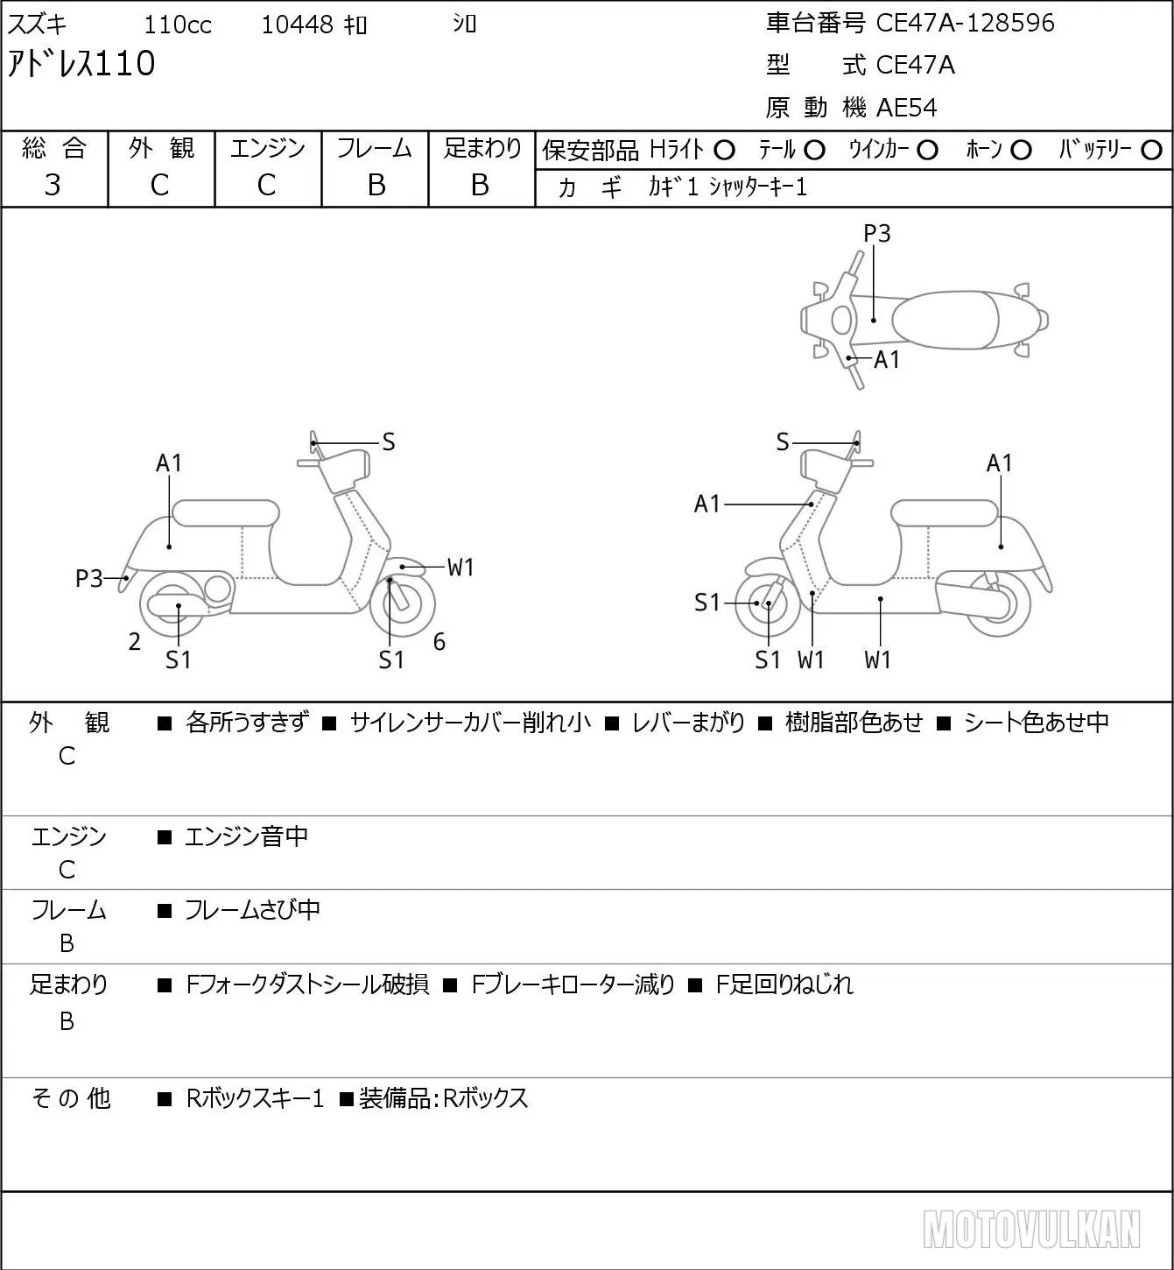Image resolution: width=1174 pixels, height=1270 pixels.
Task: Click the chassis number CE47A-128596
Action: click(x=964, y=23)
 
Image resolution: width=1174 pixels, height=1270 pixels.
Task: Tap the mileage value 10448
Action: click(x=298, y=25)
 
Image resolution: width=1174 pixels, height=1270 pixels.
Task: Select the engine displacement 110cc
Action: click(x=177, y=25)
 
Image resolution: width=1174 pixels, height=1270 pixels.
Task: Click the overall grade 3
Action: click(x=53, y=185)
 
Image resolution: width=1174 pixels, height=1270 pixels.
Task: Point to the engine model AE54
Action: click(x=906, y=108)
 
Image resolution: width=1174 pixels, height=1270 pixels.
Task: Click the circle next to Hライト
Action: click(x=724, y=151)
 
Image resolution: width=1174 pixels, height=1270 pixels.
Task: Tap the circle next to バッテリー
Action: click(x=1151, y=151)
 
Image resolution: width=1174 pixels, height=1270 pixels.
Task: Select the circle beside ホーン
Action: click(x=1021, y=151)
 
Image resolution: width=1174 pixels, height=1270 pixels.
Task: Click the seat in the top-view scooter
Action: click(x=945, y=320)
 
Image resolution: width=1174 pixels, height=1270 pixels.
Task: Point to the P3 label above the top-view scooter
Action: click(x=876, y=233)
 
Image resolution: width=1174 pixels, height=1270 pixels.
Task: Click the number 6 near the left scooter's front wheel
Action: click(x=439, y=641)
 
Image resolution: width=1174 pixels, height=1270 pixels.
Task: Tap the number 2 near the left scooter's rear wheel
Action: click(x=134, y=641)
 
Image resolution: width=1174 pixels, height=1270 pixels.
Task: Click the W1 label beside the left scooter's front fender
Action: click(x=460, y=568)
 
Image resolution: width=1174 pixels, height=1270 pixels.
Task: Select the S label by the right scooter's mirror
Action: click(x=783, y=442)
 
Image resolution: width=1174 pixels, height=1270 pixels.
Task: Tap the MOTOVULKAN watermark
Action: click(x=1032, y=1229)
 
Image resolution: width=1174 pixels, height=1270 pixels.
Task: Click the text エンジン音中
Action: click(x=247, y=836)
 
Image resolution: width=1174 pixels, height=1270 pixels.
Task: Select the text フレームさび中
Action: click(x=253, y=910)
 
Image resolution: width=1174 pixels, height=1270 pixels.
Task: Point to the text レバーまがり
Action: click(x=688, y=723)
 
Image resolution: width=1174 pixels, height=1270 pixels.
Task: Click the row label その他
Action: click(x=70, y=1098)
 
